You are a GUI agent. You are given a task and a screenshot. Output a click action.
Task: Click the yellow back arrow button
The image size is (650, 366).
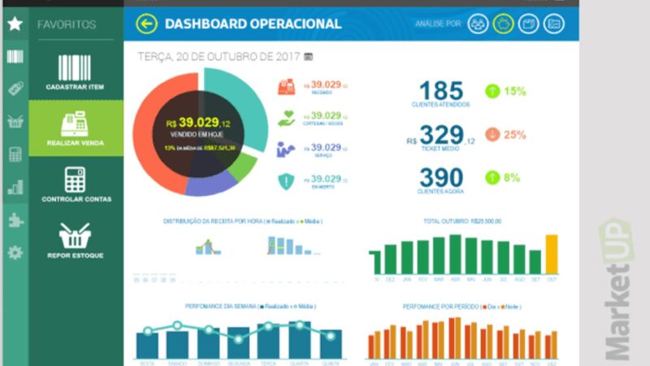click(146, 24)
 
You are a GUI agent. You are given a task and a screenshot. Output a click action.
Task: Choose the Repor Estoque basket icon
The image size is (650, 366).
click(76, 236)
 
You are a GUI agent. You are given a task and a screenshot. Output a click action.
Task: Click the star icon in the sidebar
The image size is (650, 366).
click(15, 24)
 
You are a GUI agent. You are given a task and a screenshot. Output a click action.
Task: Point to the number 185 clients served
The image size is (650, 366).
click(441, 91)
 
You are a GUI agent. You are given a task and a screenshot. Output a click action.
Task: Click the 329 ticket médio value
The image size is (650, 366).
click(441, 135)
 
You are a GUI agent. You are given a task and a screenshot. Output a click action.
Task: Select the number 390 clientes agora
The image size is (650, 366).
click(441, 178)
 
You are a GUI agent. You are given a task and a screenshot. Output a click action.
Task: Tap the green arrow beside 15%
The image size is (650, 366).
click(492, 91)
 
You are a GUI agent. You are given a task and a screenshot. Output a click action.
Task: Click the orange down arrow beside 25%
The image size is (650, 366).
click(492, 135)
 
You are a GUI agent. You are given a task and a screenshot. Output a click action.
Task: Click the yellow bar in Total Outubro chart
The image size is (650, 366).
click(552, 254)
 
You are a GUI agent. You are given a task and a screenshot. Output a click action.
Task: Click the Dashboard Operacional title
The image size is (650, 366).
click(253, 24)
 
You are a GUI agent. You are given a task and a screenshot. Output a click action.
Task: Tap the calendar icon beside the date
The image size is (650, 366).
click(308, 57)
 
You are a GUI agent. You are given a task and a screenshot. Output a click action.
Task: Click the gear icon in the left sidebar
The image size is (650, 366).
click(15, 252)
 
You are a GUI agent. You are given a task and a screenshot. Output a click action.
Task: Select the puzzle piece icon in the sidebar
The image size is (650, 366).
click(15, 220)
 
